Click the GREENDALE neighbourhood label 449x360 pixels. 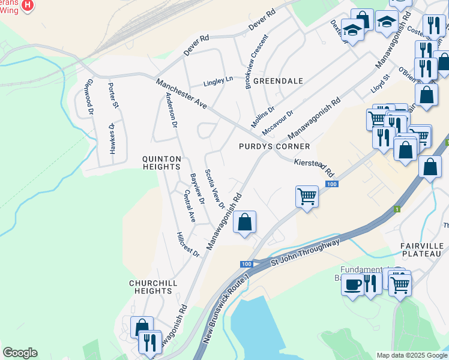pos(277,80)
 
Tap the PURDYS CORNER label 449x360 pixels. pos(274,146)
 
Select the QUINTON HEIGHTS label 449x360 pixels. pos(161,163)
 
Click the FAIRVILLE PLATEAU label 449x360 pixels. pos(421,250)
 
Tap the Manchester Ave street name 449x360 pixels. pos(181,94)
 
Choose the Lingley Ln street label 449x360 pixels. pos(217,80)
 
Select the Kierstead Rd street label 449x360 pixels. pos(314,167)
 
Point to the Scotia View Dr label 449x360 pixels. pos(214,189)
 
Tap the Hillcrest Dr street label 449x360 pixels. pos(188,245)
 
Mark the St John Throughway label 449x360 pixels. pos(306,252)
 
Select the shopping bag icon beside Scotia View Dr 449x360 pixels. pos(244,223)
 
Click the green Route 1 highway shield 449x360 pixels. pos(396,209)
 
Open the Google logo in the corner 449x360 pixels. pos(20,353)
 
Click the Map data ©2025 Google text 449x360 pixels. pos(412,355)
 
